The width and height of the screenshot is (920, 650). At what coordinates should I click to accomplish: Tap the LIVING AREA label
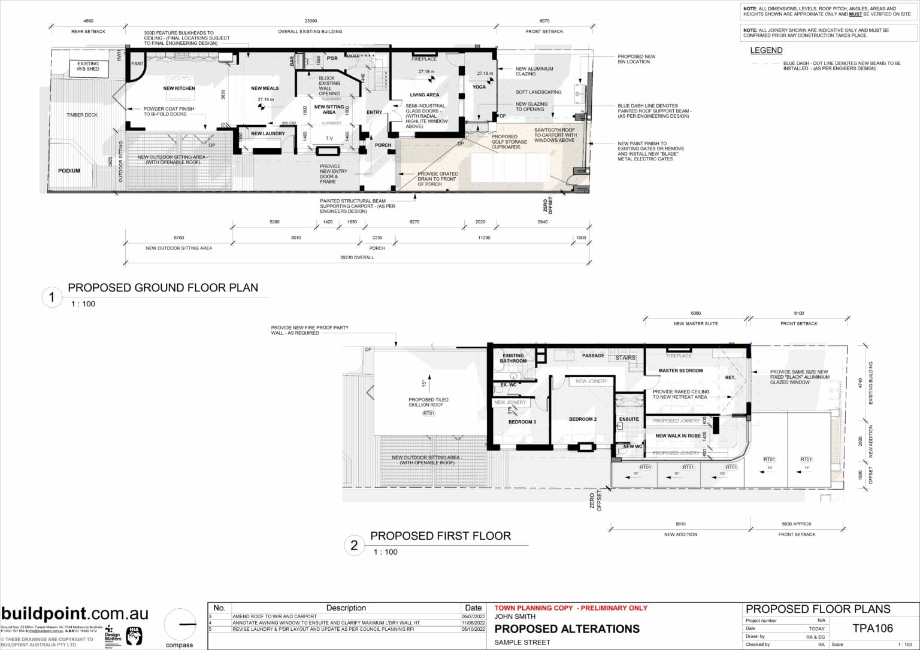point(424,95)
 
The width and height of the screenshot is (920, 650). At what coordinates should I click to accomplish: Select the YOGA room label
point(479,87)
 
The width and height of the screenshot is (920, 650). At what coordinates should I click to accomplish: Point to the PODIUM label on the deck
point(69,171)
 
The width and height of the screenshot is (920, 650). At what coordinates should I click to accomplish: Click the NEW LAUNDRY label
point(268,133)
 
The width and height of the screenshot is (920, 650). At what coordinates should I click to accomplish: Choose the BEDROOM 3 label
point(522,422)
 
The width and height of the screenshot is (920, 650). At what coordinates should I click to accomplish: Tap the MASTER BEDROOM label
point(680,370)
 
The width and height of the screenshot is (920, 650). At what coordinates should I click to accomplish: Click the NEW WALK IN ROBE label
point(677,436)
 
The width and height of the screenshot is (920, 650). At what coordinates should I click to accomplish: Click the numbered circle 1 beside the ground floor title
point(52,297)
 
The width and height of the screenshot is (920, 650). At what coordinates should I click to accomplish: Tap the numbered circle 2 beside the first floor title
point(354,545)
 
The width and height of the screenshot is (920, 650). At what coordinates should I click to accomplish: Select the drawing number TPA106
point(872,628)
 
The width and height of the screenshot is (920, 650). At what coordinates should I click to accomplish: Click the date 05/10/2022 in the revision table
point(473,629)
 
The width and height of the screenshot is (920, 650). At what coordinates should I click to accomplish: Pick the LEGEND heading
point(766,50)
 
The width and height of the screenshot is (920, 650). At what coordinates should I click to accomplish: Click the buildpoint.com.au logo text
point(75,613)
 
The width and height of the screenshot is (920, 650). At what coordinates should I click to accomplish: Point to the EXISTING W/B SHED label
point(88,66)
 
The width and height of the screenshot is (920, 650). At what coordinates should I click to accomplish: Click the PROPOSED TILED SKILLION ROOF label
point(428,402)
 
